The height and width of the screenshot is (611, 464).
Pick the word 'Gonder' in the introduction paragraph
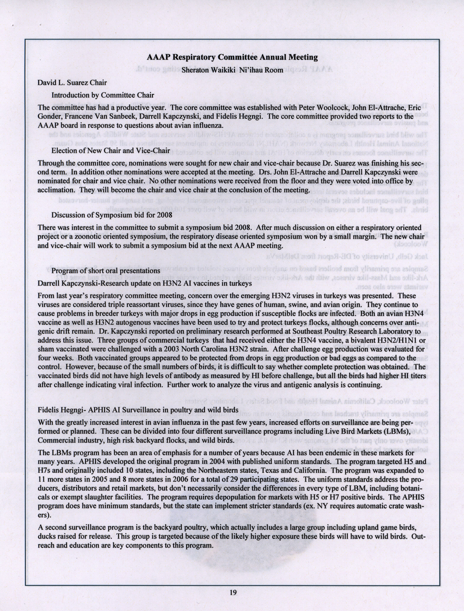tap(48, 116)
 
